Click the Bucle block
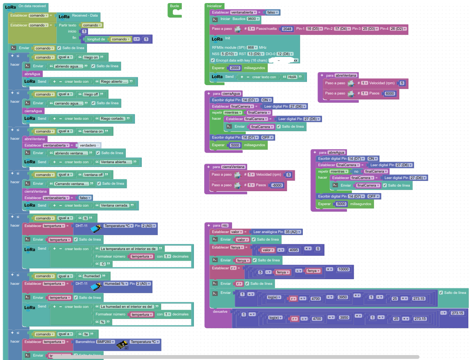pos(174,6)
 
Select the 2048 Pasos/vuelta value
pos(287,29)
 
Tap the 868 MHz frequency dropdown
pos(252,48)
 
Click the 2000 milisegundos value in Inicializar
pos(235,68)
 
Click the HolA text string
pos(292,77)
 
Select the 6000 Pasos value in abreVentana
pos(390,94)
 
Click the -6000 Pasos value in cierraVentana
pos(277,185)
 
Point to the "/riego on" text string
pos(91,57)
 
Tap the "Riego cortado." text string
pos(112,119)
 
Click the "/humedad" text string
pos(91,276)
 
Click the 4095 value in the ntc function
pos(293,250)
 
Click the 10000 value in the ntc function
pos(343,269)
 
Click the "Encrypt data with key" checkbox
pos(213,60)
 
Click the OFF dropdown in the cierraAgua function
pos(267,138)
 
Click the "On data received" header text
pos(32,6)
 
